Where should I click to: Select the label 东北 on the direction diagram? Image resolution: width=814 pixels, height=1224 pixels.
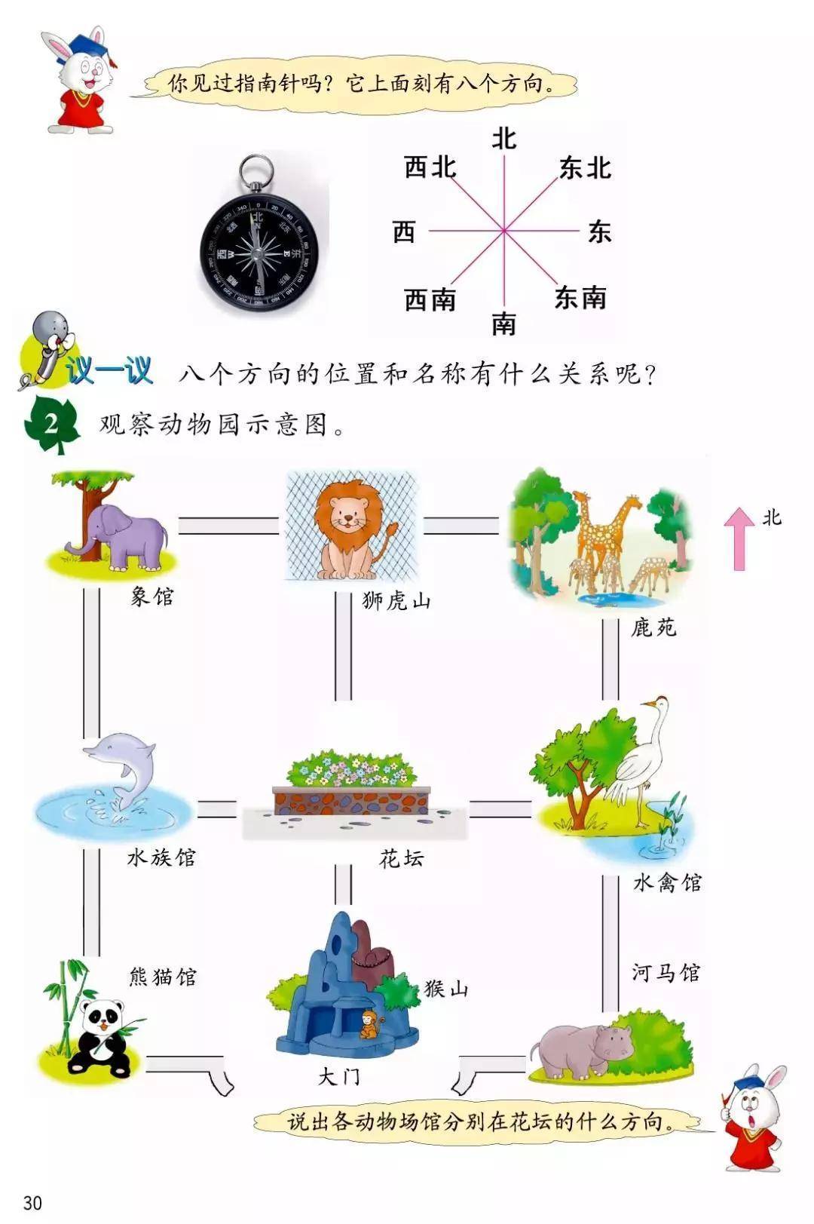point(585,168)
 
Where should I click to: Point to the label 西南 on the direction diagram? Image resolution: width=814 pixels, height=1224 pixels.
point(430,299)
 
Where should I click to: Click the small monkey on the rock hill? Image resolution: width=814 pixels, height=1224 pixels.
point(369,1025)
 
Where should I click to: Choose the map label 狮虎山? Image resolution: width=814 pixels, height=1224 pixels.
point(396,601)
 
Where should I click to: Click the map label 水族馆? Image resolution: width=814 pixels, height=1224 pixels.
point(161,857)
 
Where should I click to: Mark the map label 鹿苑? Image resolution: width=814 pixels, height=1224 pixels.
point(653,627)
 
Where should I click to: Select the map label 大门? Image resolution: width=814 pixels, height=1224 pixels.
point(339,1076)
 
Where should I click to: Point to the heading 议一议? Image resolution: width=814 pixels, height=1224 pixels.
point(109,371)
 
